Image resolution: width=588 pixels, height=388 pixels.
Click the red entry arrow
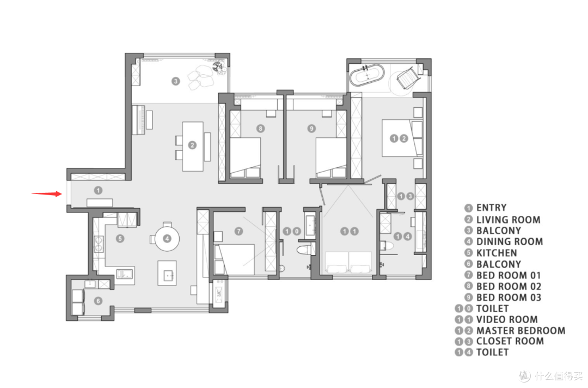point(46,193)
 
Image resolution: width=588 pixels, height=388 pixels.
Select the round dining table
point(167,238)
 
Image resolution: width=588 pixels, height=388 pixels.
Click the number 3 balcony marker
point(175,81)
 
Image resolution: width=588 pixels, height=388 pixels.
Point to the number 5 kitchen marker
point(120,238)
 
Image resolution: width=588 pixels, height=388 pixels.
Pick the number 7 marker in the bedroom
point(238,231)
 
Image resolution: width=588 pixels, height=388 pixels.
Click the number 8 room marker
point(261,129)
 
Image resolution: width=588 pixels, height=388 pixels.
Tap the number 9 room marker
point(311,129)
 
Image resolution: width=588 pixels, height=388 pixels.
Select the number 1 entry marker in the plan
point(98,190)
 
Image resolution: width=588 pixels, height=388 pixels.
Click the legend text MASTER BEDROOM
point(520,331)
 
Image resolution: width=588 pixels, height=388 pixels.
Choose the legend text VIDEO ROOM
point(507,319)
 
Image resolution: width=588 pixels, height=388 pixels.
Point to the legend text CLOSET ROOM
point(510,341)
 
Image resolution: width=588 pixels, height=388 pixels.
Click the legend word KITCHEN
point(497,253)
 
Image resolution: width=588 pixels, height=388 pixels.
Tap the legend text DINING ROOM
point(510,241)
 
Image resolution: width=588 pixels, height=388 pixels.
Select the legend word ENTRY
point(491,208)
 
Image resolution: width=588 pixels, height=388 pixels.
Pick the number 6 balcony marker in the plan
point(98,301)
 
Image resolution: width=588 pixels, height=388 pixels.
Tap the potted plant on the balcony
point(217,68)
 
